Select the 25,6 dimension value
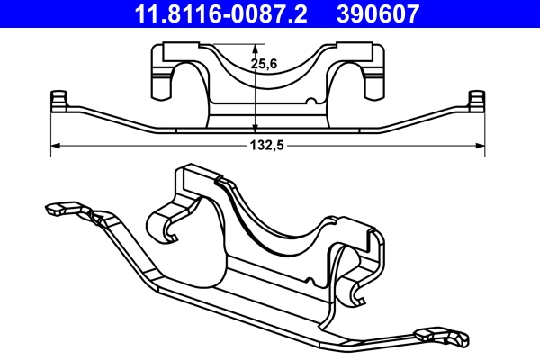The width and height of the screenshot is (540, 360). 264,64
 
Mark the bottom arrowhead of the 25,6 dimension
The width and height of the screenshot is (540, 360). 256,130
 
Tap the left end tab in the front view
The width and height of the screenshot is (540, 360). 59,100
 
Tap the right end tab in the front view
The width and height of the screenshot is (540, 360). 476,100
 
